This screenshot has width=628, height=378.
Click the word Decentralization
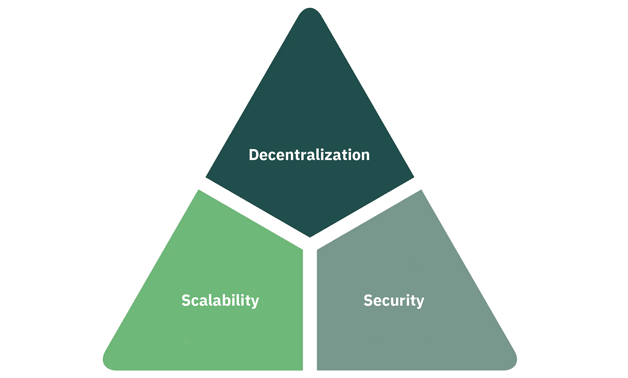click(x=309, y=155)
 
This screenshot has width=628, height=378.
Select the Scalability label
click(x=220, y=300)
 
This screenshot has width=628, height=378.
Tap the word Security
click(x=394, y=300)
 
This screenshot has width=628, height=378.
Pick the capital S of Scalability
click(x=185, y=300)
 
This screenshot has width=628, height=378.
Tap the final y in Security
click(x=421, y=302)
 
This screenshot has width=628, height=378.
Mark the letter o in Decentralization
click(x=355, y=156)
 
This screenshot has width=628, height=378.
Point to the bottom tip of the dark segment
click(x=310, y=237)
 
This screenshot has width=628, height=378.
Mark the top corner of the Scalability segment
click(x=198, y=190)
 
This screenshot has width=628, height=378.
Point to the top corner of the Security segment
click(x=421, y=190)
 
